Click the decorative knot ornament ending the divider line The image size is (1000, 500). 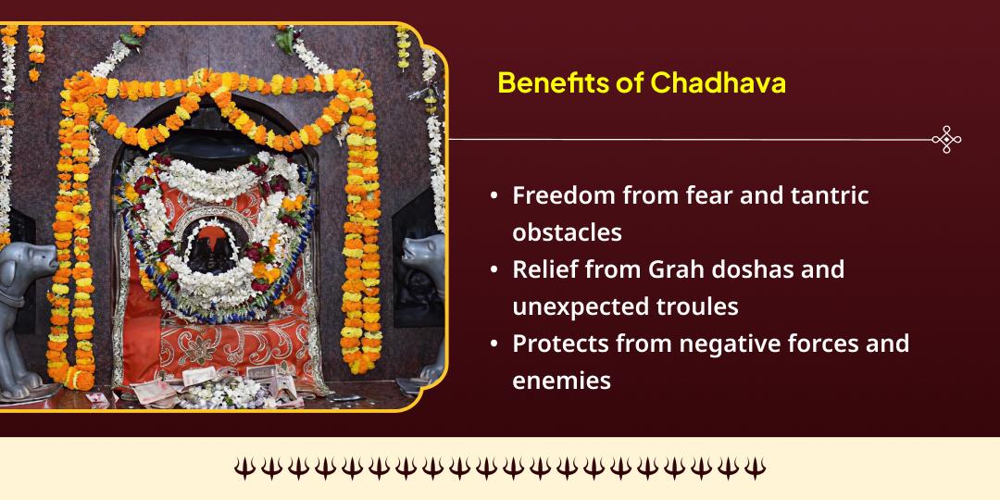click(945, 140)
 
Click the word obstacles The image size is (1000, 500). click(567, 232)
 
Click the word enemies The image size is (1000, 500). click(561, 381)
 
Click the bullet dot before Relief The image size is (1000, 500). click(495, 270)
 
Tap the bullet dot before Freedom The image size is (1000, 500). click(495, 196)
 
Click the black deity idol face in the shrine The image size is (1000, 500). click(214, 245)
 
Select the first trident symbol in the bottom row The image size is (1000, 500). click(244, 469)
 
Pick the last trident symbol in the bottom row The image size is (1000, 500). click(756, 469)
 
